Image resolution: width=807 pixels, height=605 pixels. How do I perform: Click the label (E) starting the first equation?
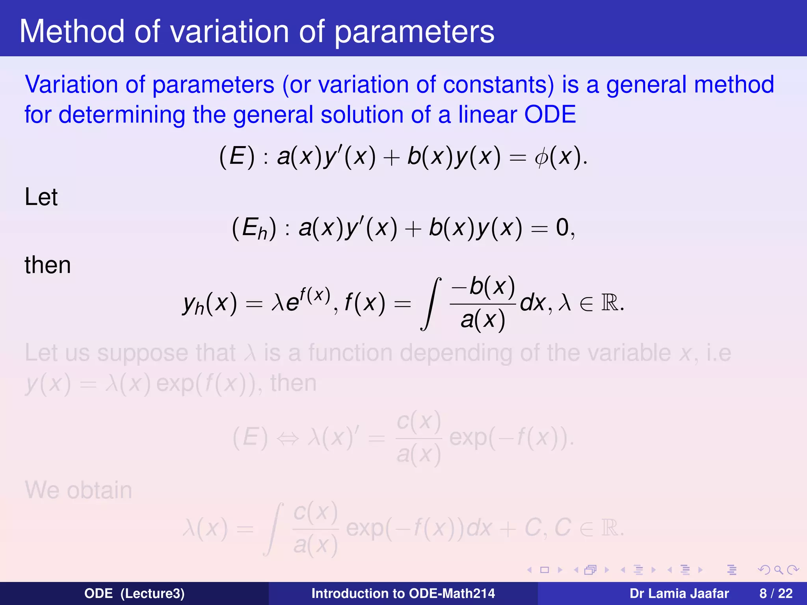point(237,157)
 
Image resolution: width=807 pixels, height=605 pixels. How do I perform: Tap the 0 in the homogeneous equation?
point(562,228)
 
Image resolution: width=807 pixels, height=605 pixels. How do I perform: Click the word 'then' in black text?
point(48,265)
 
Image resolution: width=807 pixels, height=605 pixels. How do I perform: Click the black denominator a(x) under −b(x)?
point(483,320)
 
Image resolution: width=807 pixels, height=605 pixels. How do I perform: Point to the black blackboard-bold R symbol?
point(610,303)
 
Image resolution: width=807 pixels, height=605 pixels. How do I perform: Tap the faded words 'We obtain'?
point(78,490)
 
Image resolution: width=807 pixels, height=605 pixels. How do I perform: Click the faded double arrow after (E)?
point(288,438)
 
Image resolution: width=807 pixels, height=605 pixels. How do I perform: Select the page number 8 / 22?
point(776,593)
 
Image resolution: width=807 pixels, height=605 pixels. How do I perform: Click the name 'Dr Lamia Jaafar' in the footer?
point(679,593)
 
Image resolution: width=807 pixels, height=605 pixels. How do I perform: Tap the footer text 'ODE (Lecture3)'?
point(134,593)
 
